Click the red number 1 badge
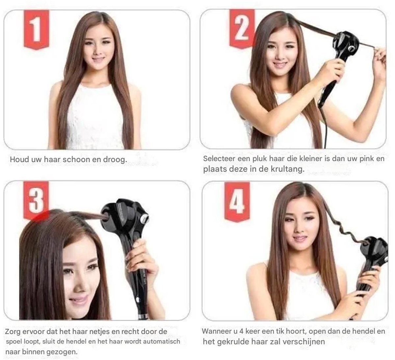37,29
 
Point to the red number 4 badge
237,201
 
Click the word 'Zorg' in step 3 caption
13,332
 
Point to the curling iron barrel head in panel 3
124,216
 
